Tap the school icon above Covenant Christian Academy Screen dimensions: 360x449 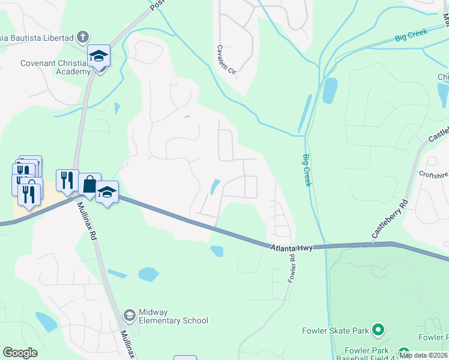tap(98, 56)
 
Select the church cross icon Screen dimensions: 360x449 tap(83, 37)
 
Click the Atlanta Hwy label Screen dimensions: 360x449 tap(291, 247)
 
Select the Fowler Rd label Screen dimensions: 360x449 tap(292, 269)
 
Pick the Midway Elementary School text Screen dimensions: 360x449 tap(173, 316)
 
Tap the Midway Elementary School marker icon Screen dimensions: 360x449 tap(128, 315)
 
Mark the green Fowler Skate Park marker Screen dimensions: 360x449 tap(378, 329)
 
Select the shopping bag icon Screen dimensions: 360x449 tap(89, 185)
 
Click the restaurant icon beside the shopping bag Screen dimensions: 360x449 tap(67, 181)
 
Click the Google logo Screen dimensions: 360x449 tap(20, 353)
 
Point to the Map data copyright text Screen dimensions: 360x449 tap(423, 355)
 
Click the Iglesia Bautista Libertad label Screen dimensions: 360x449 tap(37, 37)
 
